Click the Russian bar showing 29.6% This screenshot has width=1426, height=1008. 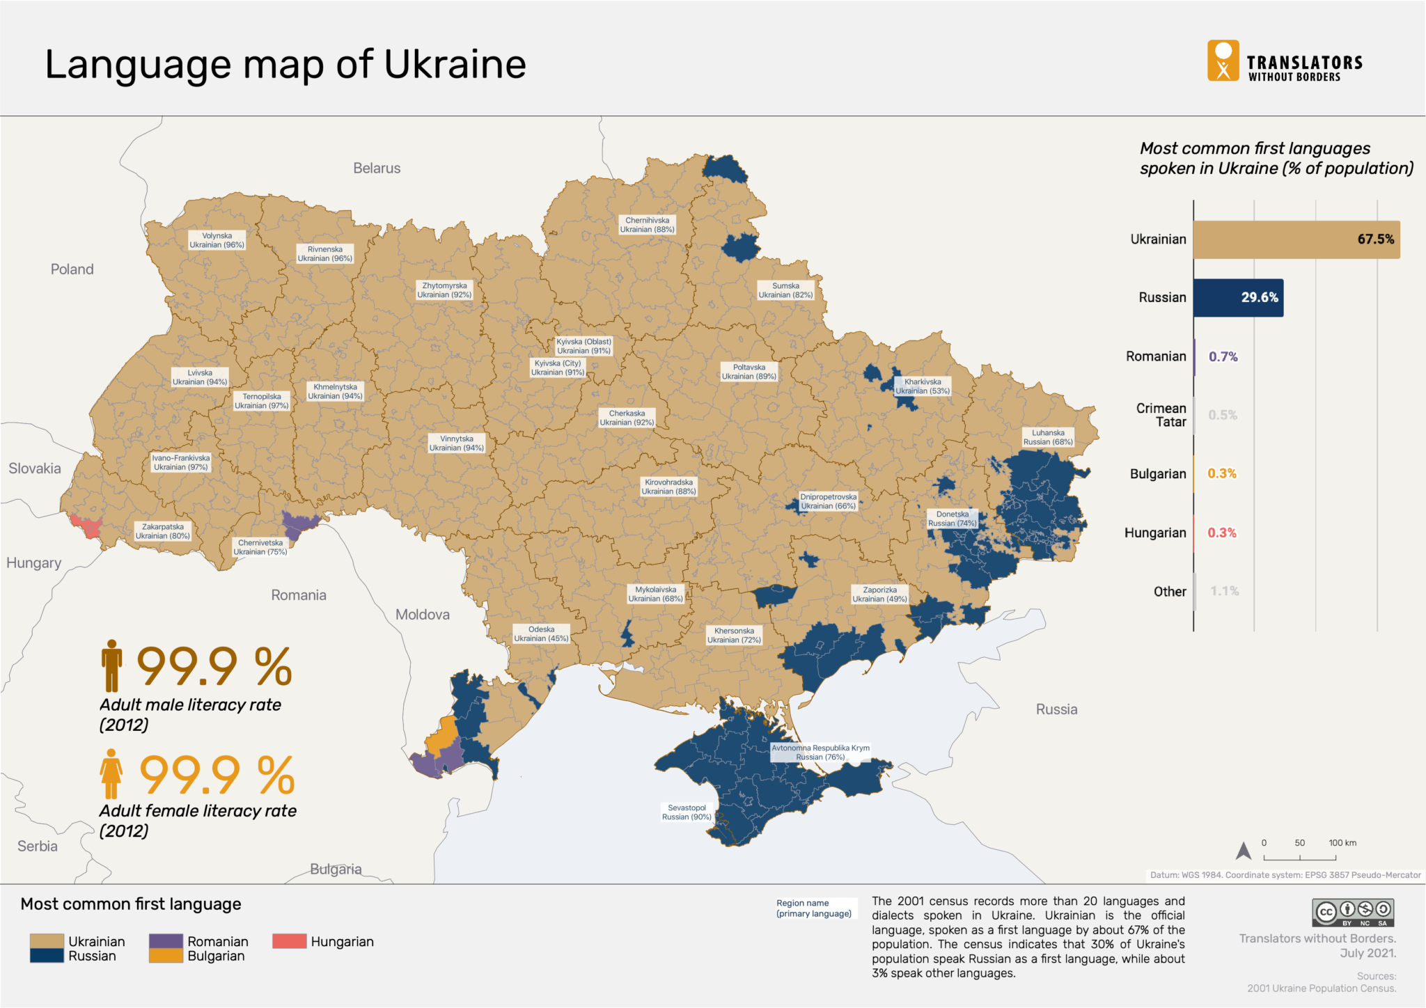coord(1237,298)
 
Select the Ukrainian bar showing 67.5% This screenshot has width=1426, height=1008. coord(1295,239)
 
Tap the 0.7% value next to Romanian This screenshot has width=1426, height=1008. coord(1223,356)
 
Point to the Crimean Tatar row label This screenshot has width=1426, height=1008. coord(1161,415)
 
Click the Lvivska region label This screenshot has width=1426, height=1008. coord(200,377)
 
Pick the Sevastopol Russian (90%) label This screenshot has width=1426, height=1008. coord(686,812)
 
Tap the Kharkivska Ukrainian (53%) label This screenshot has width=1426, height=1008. coord(922,386)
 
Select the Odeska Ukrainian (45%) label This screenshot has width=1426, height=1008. coord(541,633)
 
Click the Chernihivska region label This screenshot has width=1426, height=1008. coord(647,225)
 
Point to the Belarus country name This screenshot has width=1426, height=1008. coord(377,168)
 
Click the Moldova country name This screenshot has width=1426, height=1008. coord(423,615)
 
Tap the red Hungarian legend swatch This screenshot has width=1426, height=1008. coord(289,941)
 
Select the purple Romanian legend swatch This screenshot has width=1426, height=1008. coord(166,940)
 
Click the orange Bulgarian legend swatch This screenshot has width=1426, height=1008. coord(166,956)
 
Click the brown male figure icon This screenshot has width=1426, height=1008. coord(111,666)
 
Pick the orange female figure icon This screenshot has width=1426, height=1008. coord(111,773)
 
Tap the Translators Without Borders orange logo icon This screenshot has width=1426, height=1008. coord(1223,61)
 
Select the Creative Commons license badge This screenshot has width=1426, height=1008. coord(1353,911)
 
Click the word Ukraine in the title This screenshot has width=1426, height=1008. coord(455,65)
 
